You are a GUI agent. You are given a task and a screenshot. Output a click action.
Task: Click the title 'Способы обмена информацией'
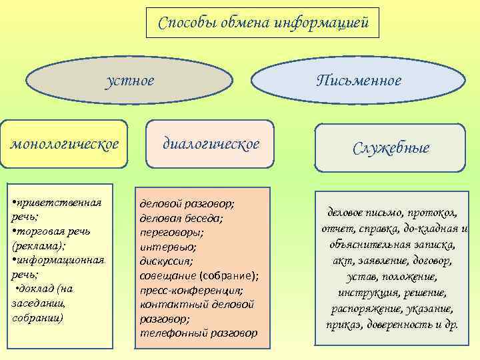coord(263,23)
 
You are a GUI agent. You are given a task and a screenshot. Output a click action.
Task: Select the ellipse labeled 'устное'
coord(130,81)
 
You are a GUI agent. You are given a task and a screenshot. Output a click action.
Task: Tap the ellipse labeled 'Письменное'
coord(359,81)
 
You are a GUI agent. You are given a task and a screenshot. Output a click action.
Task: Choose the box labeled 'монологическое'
coord(64,143)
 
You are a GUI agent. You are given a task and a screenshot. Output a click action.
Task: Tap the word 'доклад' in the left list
coord(39,288)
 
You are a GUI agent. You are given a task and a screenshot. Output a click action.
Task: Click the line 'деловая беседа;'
coord(181,217)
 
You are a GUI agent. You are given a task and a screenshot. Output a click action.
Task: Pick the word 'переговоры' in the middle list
coord(171,232)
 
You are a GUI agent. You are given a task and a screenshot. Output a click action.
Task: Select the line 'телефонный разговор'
coord(198,333)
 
